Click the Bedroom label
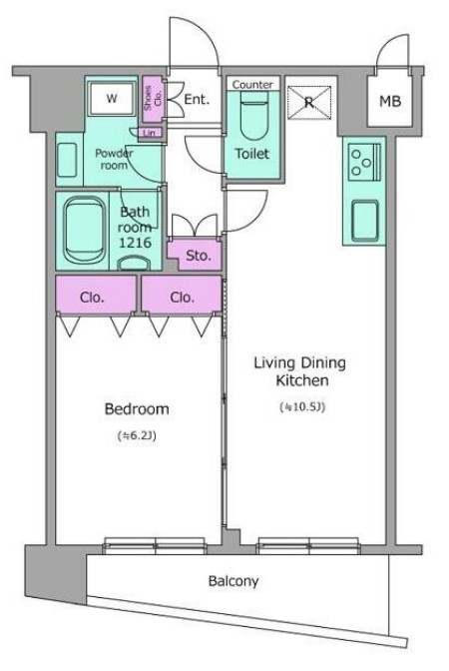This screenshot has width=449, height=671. (x=137, y=409)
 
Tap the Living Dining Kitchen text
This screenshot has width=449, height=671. (x=300, y=371)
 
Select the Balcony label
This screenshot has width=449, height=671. (x=233, y=581)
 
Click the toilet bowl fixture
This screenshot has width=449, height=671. (x=254, y=115)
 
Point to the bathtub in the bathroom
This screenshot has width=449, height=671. (x=85, y=230)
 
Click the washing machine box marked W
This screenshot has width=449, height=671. (x=112, y=99)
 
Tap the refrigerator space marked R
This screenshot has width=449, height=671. (x=309, y=102)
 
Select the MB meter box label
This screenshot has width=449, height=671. (x=390, y=101)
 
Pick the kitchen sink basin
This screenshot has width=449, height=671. (x=365, y=222)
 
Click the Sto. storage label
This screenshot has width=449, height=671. (x=199, y=256)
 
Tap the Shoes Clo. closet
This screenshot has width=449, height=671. (x=153, y=99)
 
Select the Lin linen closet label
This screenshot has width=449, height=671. (x=150, y=133)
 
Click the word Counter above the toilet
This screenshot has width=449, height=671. (x=252, y=84)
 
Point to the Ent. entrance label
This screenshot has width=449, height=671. (x=197, y=99)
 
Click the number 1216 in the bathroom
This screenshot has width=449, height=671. (x=135, y=243)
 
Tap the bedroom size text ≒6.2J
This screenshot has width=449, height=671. (x=137, y=435)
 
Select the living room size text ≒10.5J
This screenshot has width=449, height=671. (x=302, y=407)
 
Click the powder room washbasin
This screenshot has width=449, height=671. (x=67, y=160)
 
